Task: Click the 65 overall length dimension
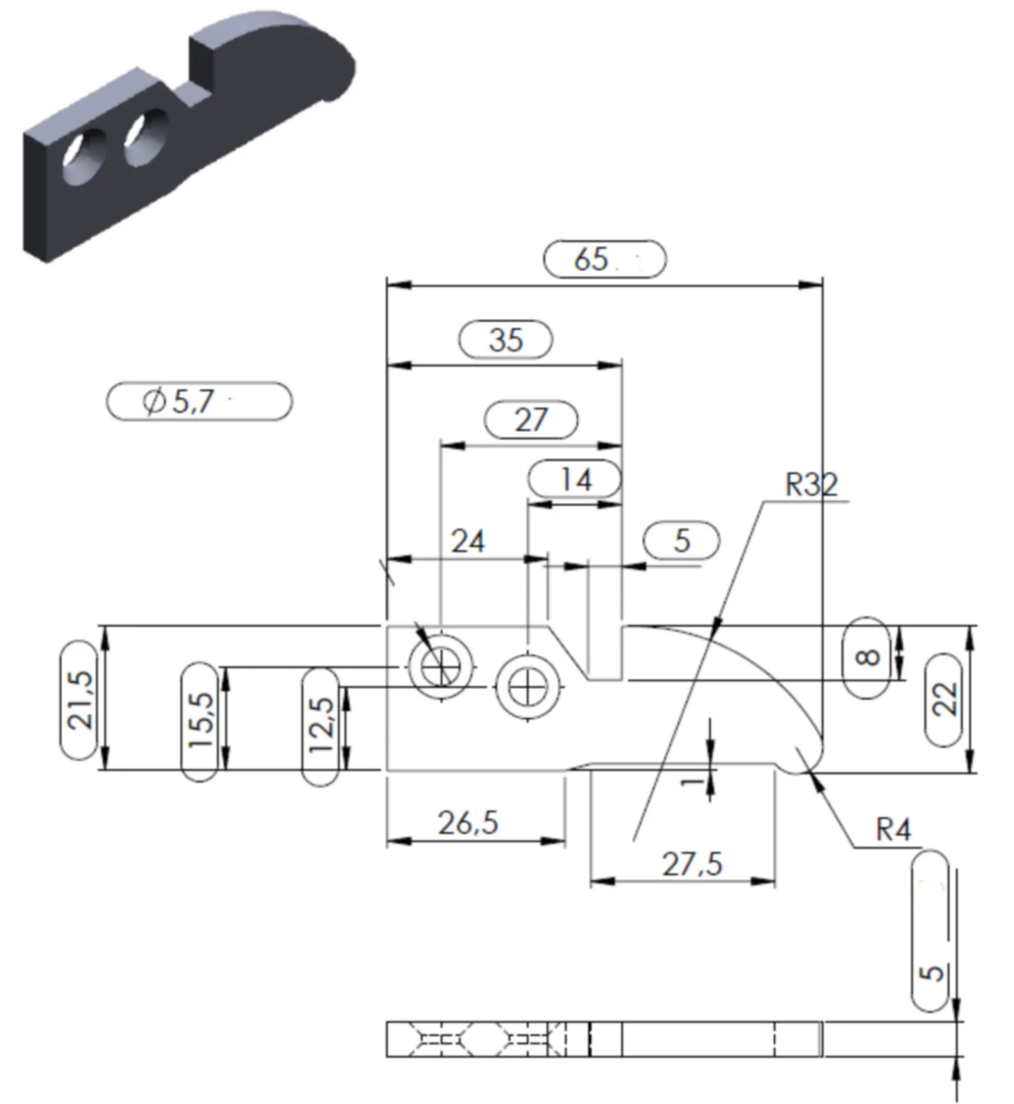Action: (591, 259)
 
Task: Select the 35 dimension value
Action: (506, 340)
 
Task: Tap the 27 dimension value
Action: (531, 420)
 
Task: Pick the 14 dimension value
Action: (575, 479)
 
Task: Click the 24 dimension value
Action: (468, 541)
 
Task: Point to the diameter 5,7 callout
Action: (178, 401)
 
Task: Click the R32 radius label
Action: (812, 484)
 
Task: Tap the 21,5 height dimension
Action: (79, 700)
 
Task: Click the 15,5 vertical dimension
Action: (199, 721)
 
